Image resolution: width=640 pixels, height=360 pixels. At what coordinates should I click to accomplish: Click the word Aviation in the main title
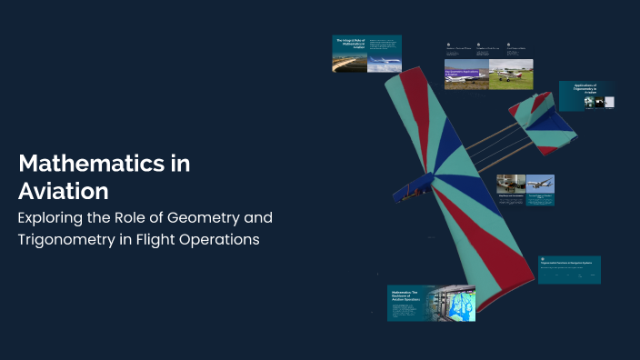pyautogui.click(x=64, y=191)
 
